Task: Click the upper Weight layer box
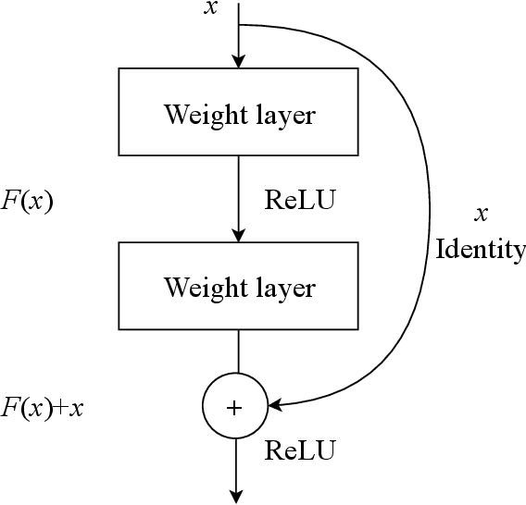pos(239,112)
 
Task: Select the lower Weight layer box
pos(239,286)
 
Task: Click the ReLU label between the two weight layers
pos(299,200)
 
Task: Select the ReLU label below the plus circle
pos(300,450)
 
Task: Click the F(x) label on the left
pos(26,201)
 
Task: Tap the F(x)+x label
pos(42,407)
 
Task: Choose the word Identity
pos(480,250)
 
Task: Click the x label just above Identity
pos(481,215)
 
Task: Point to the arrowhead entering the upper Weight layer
pos(239,61)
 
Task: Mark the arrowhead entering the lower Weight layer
pos(239,235)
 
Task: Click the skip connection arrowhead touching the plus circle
pos(275,405)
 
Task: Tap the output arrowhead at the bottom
pos(239,496)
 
